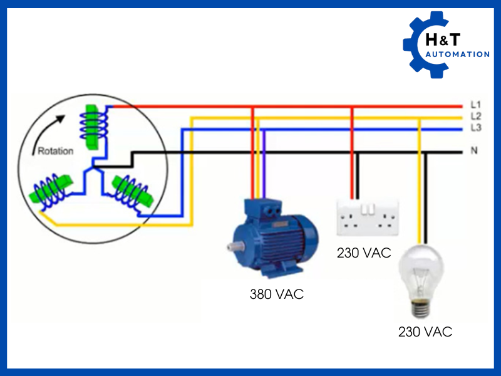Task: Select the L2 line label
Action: coord(475,117)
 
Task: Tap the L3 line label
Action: coord(475,128)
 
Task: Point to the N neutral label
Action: coord(474,151)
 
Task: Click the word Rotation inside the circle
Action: coord(56,151)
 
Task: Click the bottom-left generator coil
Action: coord(52,191)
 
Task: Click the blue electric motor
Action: coord(276,238)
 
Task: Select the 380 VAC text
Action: coord(276,293)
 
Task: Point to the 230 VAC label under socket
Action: coord(364,253)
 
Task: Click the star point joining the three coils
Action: coord(93,168)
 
